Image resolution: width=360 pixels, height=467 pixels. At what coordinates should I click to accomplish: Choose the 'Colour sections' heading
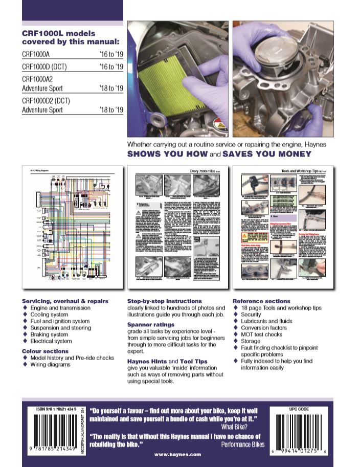(x=45, y=351)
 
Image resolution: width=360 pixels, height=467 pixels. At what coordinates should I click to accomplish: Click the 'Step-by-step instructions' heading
(x=164, y=301)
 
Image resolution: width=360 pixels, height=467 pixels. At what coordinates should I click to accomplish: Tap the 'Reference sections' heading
(x=261, y=301)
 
